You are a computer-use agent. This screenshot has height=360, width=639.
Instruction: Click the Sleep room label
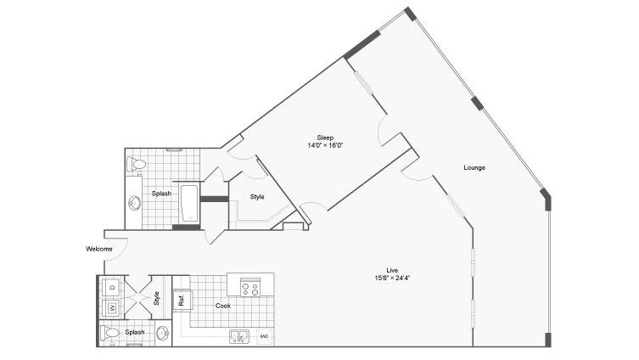[325, 138]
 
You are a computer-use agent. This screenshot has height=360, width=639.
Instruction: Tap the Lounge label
[474, 167]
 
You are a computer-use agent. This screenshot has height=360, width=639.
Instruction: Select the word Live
[392, 270]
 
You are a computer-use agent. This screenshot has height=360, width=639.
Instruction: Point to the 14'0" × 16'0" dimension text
[325, 145]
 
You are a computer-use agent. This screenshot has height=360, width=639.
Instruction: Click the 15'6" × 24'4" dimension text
[392, 278]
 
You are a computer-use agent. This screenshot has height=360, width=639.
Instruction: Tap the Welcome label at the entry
[99, 249]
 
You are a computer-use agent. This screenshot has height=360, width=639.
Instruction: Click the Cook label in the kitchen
[223, 306]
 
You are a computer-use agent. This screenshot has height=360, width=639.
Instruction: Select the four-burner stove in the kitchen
[250, 287]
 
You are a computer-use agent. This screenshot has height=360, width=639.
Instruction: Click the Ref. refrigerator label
[182, 301]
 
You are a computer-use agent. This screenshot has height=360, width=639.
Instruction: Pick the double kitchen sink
[239, 336]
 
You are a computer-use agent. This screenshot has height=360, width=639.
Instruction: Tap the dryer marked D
[112, 287]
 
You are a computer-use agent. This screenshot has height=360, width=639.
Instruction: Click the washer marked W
[112, 308]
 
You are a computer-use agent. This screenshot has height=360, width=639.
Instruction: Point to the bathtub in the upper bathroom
[189, 204]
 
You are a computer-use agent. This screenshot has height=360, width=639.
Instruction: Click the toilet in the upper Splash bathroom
[136, 165]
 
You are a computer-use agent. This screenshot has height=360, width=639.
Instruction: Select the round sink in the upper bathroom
[134, 203]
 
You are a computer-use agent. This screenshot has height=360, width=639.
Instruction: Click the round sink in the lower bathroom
[163, 333]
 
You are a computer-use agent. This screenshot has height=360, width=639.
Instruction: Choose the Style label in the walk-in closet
[257, 197]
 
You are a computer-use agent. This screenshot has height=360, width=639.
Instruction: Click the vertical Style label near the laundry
[156, 298]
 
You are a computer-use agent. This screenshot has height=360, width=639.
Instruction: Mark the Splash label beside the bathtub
[161, 194]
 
